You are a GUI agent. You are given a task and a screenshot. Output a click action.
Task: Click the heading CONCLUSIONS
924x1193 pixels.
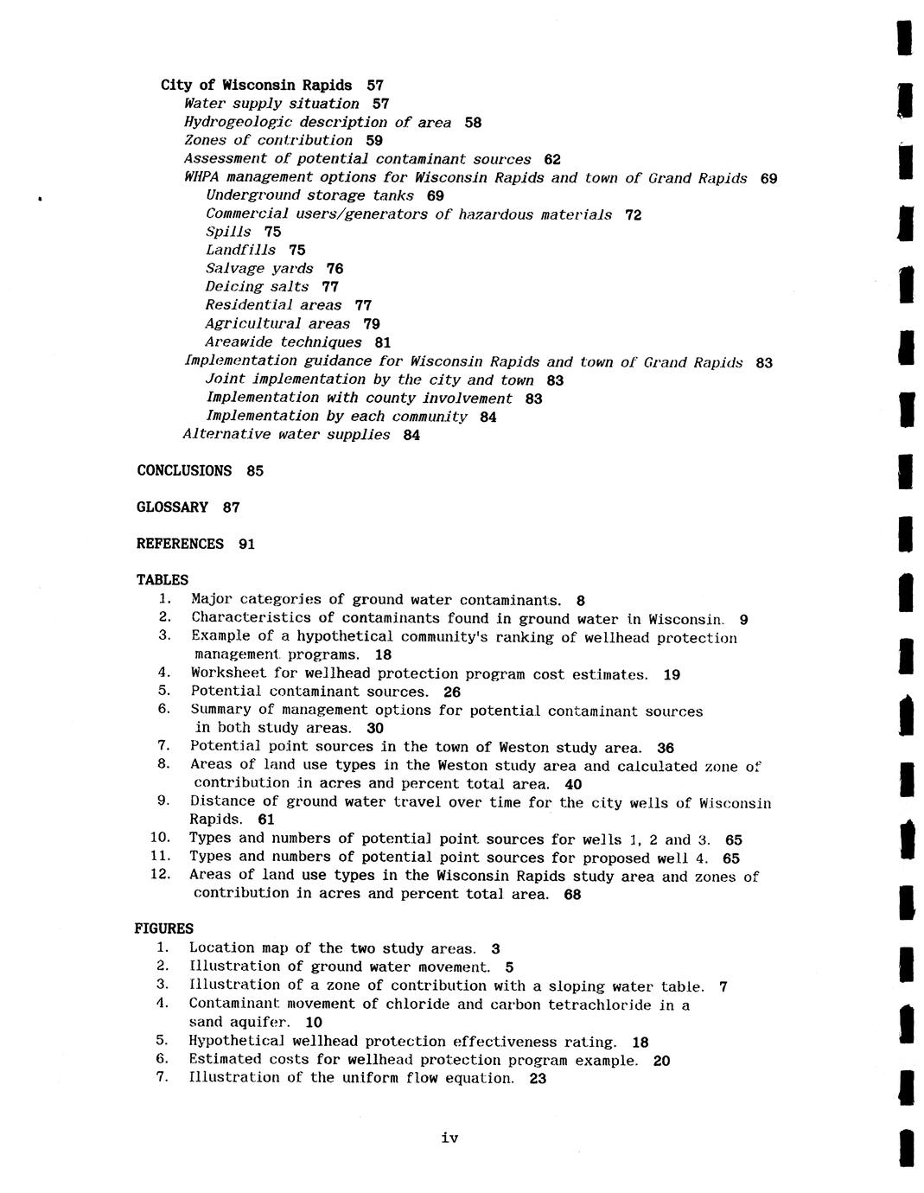point(184,471)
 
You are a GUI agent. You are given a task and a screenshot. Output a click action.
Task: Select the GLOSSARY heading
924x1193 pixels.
point(172,507)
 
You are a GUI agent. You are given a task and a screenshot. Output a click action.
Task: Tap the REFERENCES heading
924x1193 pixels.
point(180,544)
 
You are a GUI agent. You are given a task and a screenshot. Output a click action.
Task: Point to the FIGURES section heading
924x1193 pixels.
point(163,928)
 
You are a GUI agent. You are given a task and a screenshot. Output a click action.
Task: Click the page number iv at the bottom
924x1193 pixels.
point(449,1138)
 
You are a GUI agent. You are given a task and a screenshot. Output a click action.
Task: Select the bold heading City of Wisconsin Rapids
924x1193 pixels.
point(256,85)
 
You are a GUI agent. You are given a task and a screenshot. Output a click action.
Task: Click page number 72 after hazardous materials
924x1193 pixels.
point(633,214)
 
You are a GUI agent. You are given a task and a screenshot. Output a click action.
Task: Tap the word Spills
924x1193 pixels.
point(228,232)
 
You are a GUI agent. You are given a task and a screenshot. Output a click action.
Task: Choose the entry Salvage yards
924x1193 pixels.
point(259,269)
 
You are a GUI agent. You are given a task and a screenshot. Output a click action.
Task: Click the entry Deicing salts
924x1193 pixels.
point(257,287)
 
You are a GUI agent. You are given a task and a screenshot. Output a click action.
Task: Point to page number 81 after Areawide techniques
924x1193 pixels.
point(383,342)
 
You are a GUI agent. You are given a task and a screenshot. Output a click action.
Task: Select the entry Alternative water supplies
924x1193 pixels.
point(286,435)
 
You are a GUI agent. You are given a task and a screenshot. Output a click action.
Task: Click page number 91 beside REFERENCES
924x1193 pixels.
point(246,545)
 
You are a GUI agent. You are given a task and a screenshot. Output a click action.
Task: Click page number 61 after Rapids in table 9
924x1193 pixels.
point(266,820)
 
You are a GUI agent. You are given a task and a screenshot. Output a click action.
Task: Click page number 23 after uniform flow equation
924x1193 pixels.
point(538,1079)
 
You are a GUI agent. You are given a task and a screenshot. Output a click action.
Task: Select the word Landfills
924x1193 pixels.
point(240,250)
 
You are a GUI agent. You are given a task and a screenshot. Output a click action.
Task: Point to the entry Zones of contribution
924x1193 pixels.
point(268,140)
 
